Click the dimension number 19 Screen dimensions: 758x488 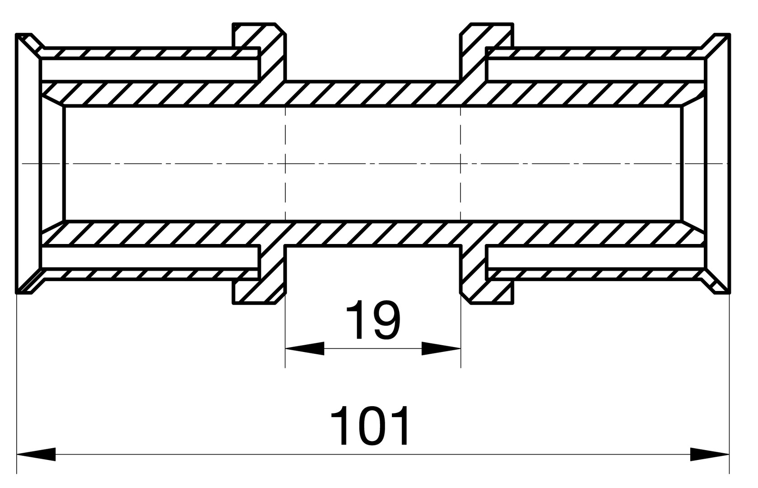pos(372,319)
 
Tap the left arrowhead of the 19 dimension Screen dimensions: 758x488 pos(305,348)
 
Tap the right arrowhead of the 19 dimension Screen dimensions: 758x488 pos(441,348)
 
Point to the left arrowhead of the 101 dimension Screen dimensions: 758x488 pos(36,454)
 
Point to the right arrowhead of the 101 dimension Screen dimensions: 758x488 pos(710,454)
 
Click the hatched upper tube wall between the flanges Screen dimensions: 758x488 pos(373,94)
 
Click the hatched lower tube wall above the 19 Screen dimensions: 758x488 pos(373,233)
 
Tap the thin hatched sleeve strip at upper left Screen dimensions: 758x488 pos(149,53)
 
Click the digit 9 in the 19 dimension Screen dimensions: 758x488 pos(386,319)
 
